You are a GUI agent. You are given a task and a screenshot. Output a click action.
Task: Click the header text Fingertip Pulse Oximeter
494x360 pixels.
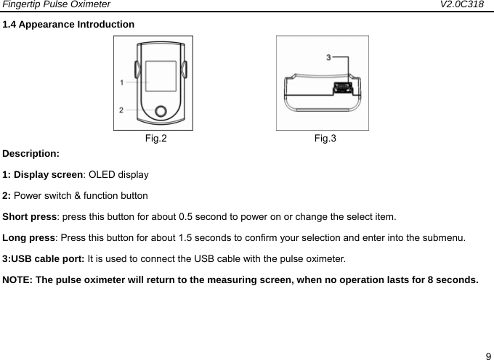point(55,5)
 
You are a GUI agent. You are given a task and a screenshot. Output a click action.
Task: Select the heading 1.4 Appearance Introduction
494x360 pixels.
point(68,24)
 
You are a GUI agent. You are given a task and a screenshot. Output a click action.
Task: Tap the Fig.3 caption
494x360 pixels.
point(325,138)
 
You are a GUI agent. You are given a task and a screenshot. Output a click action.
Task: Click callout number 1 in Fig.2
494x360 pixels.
point(122,82)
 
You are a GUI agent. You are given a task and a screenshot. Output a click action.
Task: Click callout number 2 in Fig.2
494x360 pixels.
point(122,110)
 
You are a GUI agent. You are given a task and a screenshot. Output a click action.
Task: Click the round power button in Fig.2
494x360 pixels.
point(161,111)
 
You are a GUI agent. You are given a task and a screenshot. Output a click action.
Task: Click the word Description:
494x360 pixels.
point(31,154)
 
